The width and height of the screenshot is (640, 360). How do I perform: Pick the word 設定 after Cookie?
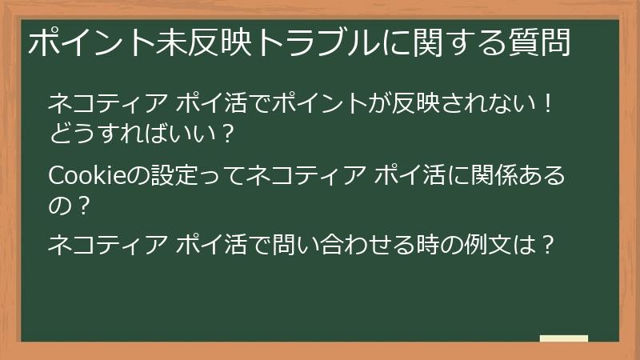176,174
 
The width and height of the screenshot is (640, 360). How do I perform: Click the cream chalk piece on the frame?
564,339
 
